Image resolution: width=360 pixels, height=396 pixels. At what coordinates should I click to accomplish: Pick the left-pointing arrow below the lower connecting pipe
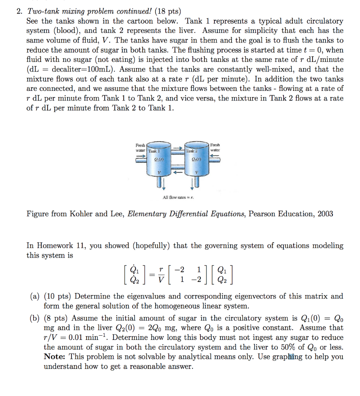click(x=177, y=172)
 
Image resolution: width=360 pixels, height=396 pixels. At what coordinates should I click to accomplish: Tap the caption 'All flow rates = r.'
click(x=178, y=198)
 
